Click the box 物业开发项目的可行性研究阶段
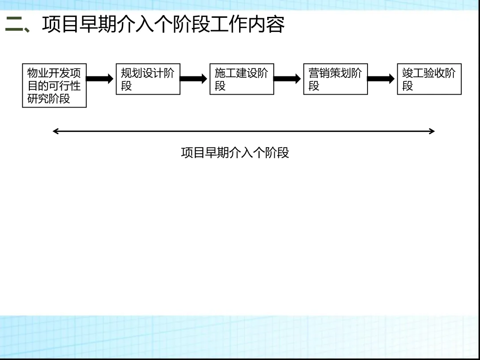54,86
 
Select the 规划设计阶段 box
148,79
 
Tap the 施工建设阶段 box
242,79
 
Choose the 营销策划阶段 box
336,79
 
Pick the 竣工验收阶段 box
429,79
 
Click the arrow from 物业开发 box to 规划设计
100,79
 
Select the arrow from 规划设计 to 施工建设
194,79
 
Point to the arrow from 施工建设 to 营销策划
288,79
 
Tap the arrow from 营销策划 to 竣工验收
381,79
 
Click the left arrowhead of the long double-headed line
55,131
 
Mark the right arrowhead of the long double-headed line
432,131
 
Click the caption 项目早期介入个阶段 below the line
235,153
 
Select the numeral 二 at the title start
14,25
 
